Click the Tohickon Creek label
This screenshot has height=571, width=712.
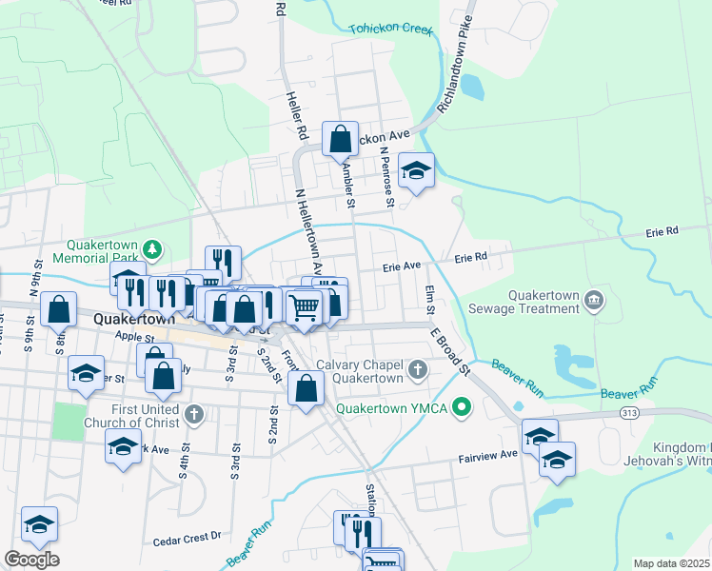click(x=390, y=30)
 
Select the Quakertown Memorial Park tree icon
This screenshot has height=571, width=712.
click(x=151, y=249)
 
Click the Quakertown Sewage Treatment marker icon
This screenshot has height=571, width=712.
click(x=595, y=302)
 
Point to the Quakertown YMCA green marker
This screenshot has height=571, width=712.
click(x=463, y=409)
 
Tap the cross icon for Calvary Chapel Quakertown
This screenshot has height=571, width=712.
click(x=417, y=368)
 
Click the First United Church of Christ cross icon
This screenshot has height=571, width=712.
click(x=193, y=414)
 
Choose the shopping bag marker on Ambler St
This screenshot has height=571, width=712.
click(x=340, y=140)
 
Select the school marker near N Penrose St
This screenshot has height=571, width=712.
click(x=416, y=170)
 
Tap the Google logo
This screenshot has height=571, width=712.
click(x=31, y=560)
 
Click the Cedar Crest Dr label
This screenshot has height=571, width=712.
click(x=187, y=541)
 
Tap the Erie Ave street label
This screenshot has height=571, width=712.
click(x=402, y=267)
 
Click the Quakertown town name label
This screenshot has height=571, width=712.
click(x=134, y=321)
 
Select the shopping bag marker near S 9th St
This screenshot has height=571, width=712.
click(x=59, y=310)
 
